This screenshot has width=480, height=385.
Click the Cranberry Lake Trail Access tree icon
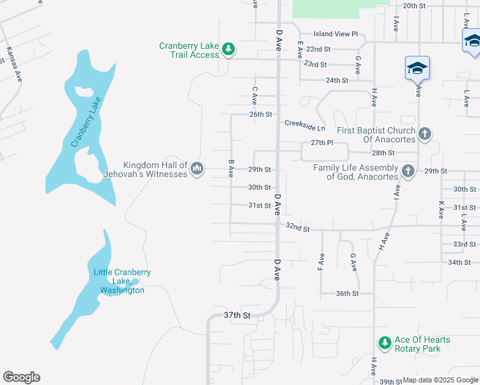click(x=228, y=49)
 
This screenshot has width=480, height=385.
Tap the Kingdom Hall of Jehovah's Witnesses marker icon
click(x=197, y=169)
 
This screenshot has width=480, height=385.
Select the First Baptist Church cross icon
click(x=424, y=134)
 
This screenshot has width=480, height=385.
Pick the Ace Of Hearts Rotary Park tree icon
click(x=384, y=343)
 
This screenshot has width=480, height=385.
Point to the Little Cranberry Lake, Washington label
click(x=122, y=281)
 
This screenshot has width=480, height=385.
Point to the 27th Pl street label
click(x=322, y=142)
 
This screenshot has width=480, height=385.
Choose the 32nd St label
click(x=298, y=228)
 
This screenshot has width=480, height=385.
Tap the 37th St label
click(x=236, y=315)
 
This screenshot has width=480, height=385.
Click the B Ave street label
click(x=230, y=169)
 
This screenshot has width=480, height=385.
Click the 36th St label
click(x=347, y=293)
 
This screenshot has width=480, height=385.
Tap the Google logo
click(x=21, y=377)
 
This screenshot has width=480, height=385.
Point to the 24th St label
click(x=336, y=80)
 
